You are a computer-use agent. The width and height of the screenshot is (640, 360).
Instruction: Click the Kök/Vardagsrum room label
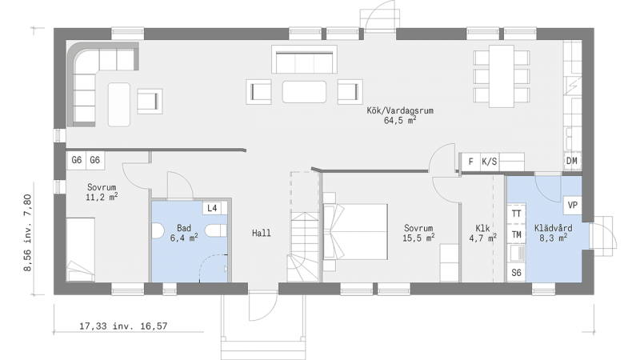tap(400, 110)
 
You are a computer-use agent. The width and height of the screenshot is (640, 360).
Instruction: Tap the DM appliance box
tap(572, 161)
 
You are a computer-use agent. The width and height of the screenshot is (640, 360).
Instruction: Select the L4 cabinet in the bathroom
tap(212, 208)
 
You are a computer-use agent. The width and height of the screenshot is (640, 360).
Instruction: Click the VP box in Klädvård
tap(573, 205)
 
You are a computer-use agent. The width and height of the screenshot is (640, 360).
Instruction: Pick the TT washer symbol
tap(516, 214)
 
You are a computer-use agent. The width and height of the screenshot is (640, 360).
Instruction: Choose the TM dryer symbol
tap(516, 234)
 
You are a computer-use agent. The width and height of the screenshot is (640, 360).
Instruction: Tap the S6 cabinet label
tap(516, 273)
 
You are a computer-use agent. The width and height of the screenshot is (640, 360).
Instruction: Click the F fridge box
tap(470, 162)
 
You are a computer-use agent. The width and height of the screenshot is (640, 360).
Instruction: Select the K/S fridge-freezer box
tap(490, 162)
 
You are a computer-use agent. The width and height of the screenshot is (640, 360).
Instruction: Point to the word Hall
tap(262, 233)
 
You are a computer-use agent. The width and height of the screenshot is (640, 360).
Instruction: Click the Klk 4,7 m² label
tap(482, 233)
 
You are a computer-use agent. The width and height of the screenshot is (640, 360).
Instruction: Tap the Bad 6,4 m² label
tap(184, 233)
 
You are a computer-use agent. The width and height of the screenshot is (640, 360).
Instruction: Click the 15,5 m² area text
tap(418, 238)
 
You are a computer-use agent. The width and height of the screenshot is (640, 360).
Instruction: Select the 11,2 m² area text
tap(102, 197)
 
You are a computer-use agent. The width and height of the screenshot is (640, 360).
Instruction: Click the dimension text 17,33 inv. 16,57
tap(123, 326)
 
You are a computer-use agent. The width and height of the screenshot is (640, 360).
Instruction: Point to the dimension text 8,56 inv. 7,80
tap(27, 232)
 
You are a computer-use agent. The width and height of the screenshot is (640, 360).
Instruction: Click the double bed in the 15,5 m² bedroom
tap(355, 232)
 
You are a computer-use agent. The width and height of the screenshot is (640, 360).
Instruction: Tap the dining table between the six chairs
tap(502, 76)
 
